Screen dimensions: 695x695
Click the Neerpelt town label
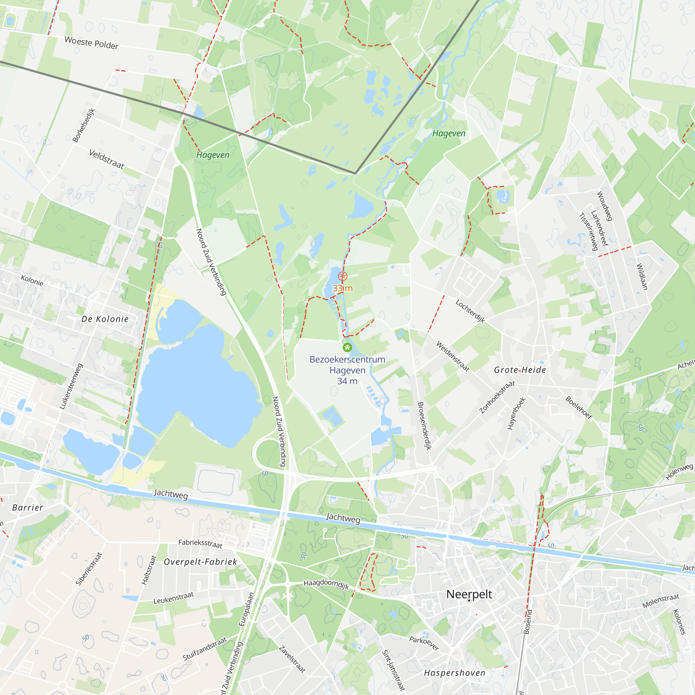point(469,594)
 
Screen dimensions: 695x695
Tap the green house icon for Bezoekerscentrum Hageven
point(347,347)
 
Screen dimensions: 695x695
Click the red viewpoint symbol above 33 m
point(343,276)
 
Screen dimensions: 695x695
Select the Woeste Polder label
point(91,43)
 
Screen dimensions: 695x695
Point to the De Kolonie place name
point(105,319)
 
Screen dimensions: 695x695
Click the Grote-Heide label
point(520,370)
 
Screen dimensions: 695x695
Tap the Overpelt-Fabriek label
point(201,562)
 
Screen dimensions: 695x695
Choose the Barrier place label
point(28,508)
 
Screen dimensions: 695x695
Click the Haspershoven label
point(454,673)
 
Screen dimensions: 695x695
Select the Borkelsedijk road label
point(83,125)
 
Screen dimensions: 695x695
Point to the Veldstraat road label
point(106,160)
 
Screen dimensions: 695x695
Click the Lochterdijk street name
point(470,311)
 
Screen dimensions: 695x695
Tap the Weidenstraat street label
point(453,356)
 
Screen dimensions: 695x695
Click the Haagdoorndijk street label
point(326,584)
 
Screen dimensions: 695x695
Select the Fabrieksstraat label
point(201,543)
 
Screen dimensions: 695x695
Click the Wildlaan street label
point(642,277)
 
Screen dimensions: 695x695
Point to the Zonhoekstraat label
point(497,397)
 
